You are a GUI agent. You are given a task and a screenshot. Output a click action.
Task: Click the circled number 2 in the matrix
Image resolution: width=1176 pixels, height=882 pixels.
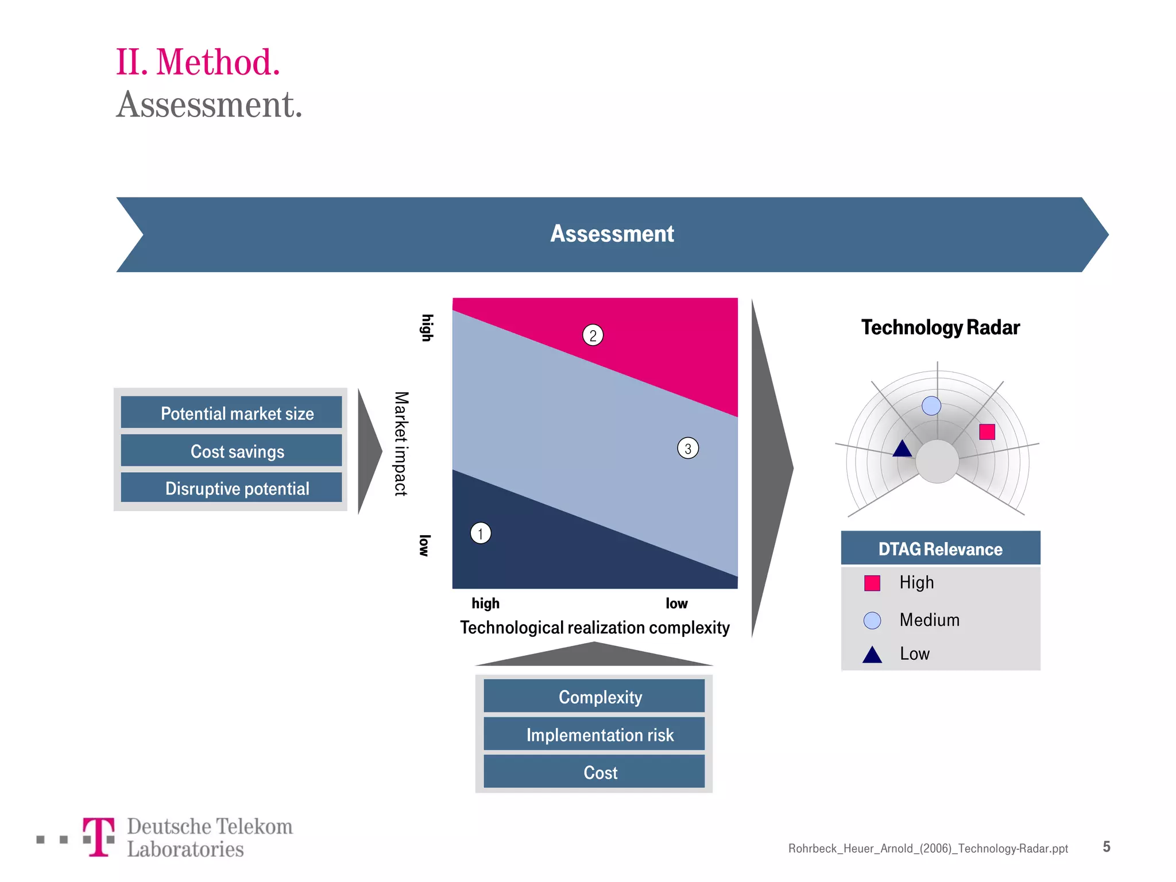pos(593,335)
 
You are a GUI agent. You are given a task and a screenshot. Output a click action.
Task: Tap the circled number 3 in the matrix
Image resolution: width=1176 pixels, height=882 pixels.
pos(688,448)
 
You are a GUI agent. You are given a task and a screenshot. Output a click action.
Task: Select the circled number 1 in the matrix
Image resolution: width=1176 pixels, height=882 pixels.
pos(481,533)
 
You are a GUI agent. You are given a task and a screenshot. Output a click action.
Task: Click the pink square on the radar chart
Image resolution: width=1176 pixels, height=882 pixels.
pos(987,432)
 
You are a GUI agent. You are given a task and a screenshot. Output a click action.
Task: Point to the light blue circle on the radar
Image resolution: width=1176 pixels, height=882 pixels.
pos(931,406)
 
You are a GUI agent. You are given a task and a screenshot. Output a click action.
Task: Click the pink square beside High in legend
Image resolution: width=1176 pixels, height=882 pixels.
pos(872,583)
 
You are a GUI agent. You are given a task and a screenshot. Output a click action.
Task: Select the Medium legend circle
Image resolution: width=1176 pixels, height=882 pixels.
pos(872,620)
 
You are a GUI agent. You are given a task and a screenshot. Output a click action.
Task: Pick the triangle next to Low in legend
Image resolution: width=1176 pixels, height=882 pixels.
pos(872,655)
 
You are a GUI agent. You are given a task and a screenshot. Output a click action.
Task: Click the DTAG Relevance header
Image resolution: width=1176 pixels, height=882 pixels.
pos(940,549)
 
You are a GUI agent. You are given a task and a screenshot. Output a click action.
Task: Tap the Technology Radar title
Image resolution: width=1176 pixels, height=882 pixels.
pos(940,327)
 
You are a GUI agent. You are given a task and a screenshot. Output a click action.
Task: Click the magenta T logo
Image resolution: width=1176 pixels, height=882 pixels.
pos(99,837)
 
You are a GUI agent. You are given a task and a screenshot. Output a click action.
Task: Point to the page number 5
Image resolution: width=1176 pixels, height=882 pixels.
pos(1106,847)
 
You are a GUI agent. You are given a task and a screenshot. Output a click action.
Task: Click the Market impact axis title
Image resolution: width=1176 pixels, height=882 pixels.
pos(401,443)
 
